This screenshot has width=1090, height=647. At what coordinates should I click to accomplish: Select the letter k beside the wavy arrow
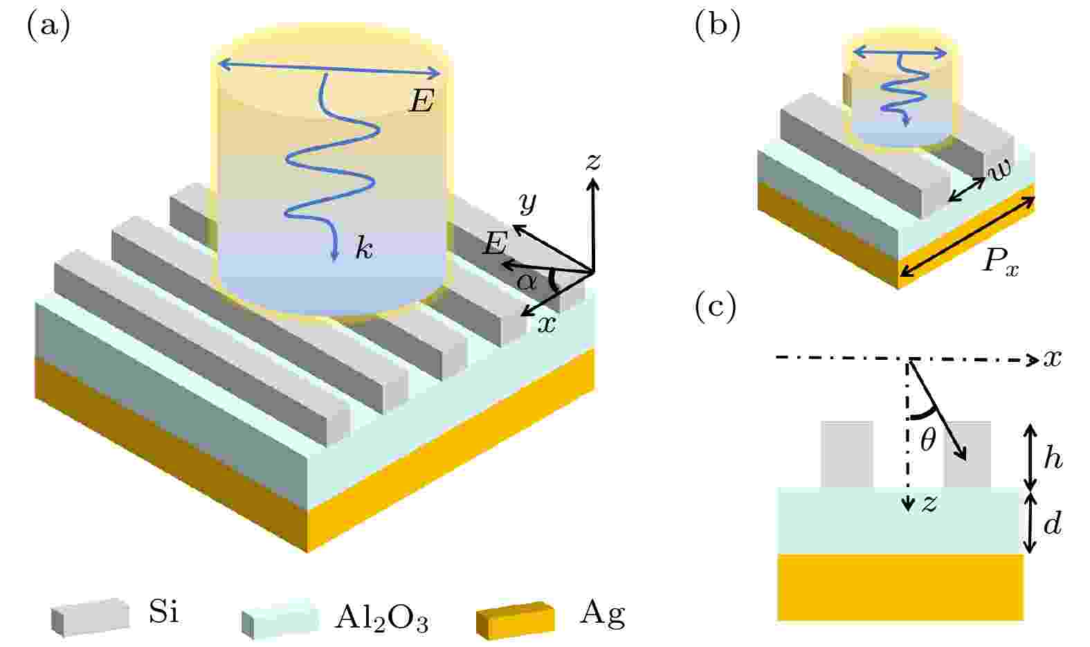(364, 250)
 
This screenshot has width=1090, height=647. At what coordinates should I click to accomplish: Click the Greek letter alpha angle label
(527, 281)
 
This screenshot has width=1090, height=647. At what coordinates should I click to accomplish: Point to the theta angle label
(927, 440)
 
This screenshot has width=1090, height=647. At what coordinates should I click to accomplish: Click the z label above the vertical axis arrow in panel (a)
(593, 162)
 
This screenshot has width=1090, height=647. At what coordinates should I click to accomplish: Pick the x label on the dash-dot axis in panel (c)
(1052, 359)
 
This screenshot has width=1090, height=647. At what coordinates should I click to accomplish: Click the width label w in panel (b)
(999, 170)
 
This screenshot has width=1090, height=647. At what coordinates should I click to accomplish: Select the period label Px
(1001, 264)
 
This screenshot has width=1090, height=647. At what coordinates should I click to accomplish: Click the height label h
(1053, 458)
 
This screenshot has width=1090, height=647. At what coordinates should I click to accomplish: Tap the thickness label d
(1053, 523)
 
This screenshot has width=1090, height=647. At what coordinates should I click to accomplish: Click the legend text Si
(164, 612)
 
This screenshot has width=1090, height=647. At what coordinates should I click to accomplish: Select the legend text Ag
(602, 615)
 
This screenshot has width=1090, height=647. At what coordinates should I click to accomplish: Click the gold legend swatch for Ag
(516, 620)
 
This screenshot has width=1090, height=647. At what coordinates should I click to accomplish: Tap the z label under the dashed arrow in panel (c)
(929, 504)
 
